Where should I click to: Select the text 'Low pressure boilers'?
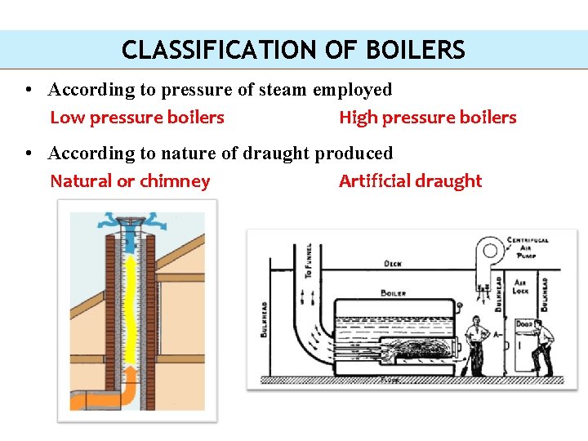coord(137,118)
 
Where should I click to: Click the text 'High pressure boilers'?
coord(427,118)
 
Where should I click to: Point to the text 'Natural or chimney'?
coord(130,181)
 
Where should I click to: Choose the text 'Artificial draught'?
coord(410,181)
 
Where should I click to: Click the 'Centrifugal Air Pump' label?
coord(528,247)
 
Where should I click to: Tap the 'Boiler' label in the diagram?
coord(393,292)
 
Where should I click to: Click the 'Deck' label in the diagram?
coord(393,264)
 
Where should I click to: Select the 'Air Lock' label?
coord(520,286)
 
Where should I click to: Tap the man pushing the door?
coord(542,347)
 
